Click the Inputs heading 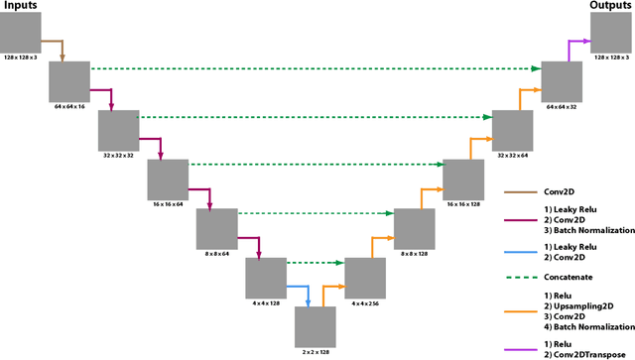click(21, 8)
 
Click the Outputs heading click(610, 8)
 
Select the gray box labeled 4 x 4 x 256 click(364, 277)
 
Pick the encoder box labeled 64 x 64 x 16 click(69, 80)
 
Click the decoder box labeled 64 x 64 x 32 click(561, 80)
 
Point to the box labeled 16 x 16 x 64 click(168, 179)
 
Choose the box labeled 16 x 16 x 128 click(462, 179)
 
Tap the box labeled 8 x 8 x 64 click(216, 228)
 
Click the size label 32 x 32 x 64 click(512, 155)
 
